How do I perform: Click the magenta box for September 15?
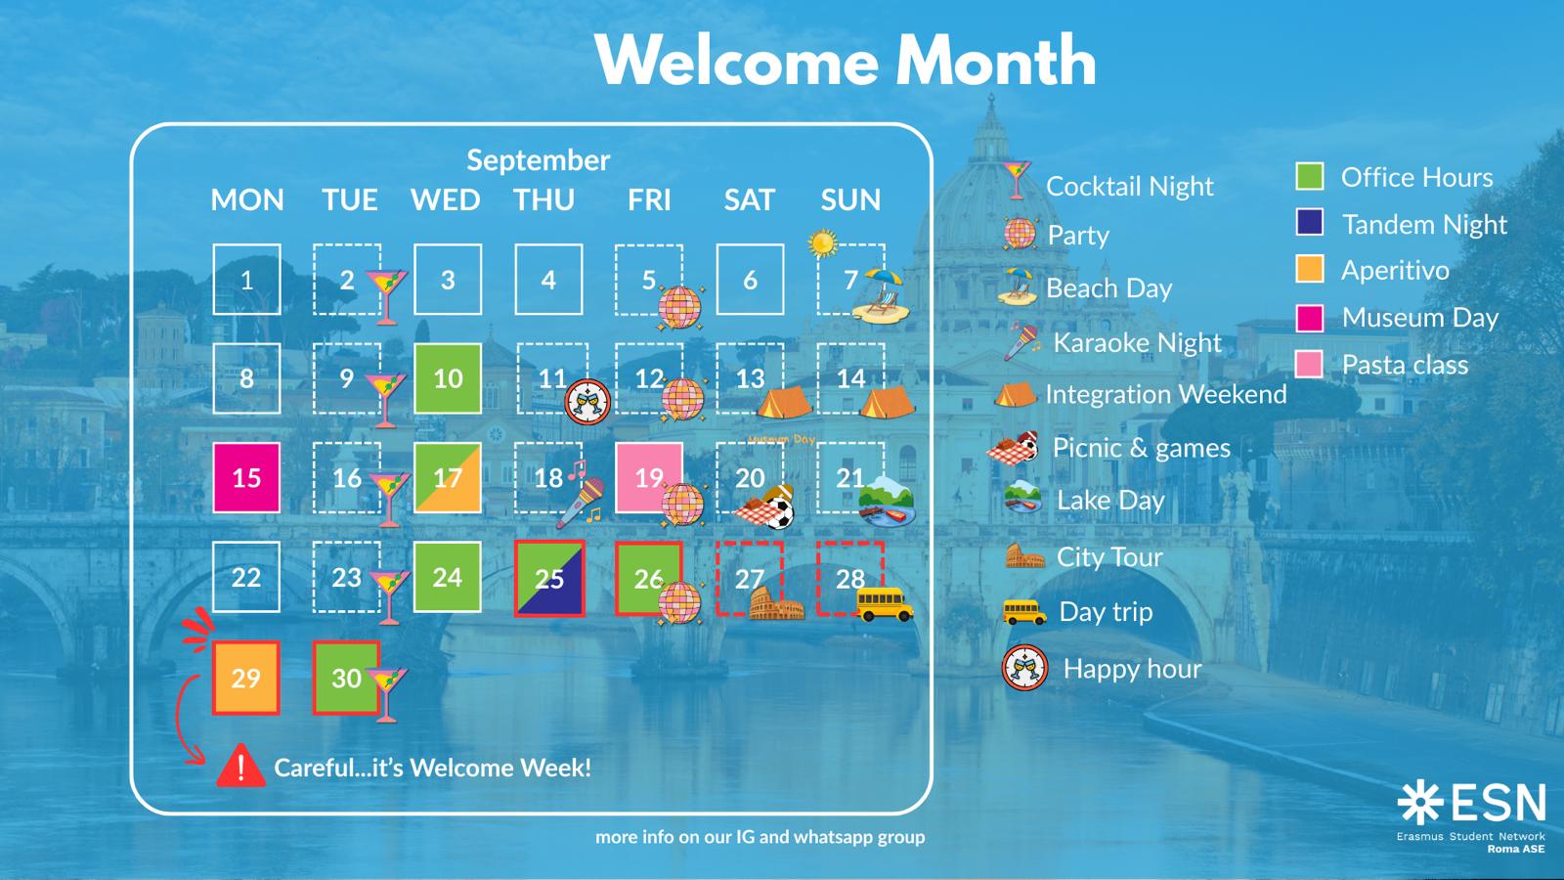point(246,478)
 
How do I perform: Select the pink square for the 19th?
point(649,478)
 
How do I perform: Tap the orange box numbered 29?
point(245,679)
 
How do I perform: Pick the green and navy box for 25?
point(549,578)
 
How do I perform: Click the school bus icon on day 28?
point(884,603)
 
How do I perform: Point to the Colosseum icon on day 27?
point(776,603)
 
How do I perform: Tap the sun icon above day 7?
point(822,243)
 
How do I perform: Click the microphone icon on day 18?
point(581,498)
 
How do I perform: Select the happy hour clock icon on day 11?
point(587,402)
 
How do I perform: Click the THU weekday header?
point(543,199)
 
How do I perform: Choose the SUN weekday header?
point(850,199)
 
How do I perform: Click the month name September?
point(539,160)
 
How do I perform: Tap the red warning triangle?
point(240,767)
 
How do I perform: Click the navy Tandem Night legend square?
point(1310,223)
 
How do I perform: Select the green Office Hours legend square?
point(1310,176)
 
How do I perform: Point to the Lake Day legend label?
point(1110,500)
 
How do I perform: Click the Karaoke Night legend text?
point(1138,343)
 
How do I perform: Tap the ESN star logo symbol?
point(1420,803)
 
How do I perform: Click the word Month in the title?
point(996,61)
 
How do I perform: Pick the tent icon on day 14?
point(887,402)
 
